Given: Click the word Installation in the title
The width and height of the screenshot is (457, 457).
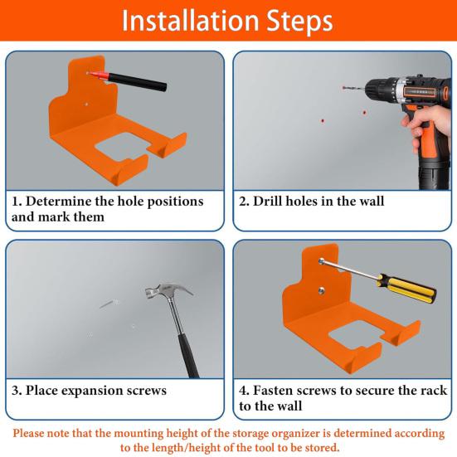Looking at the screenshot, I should pos(185,22).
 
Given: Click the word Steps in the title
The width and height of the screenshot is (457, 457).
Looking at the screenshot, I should pos(300,22).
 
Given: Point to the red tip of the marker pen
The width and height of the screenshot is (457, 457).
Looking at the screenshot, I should pos(91,73).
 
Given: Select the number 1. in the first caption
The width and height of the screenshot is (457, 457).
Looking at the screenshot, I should pos(17,202).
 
